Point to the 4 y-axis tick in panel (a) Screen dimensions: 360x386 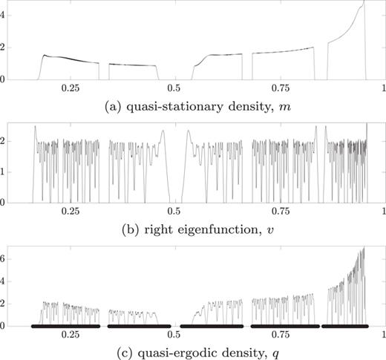point(6,14)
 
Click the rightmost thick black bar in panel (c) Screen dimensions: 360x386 point(344,326)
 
